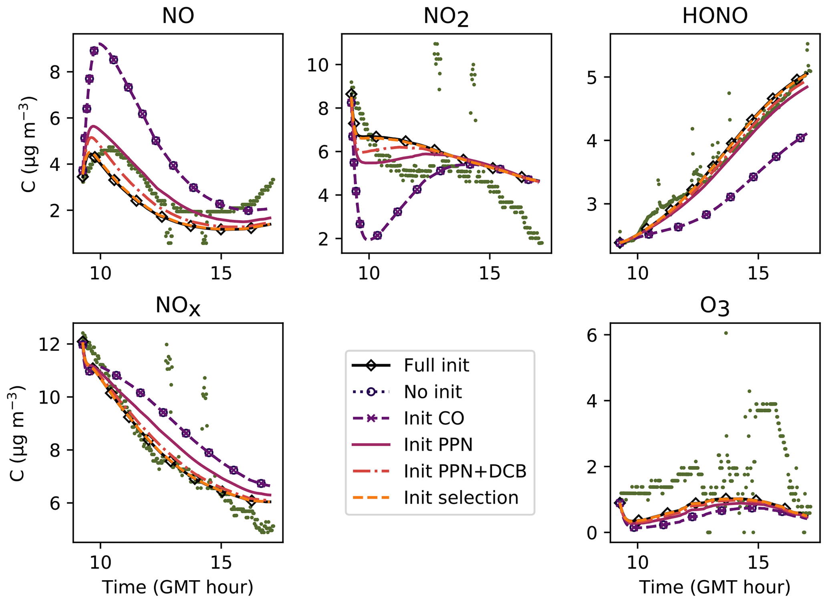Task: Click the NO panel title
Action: coord(178,16)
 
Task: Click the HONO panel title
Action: coord(715,16)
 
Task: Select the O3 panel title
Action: coord(715,306)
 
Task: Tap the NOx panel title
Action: coord(178,306)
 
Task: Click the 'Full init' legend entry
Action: coord(436,366)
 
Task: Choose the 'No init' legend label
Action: coord(433,392)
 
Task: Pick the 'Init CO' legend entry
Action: coord(434,418)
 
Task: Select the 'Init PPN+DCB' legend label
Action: coord(465,472)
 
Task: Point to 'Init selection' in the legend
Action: coord(461,498)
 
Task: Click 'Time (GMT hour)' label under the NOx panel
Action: coord(178,587)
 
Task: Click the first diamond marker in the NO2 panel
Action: coord(352,94)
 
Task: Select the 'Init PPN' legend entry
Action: coord(438,445)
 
